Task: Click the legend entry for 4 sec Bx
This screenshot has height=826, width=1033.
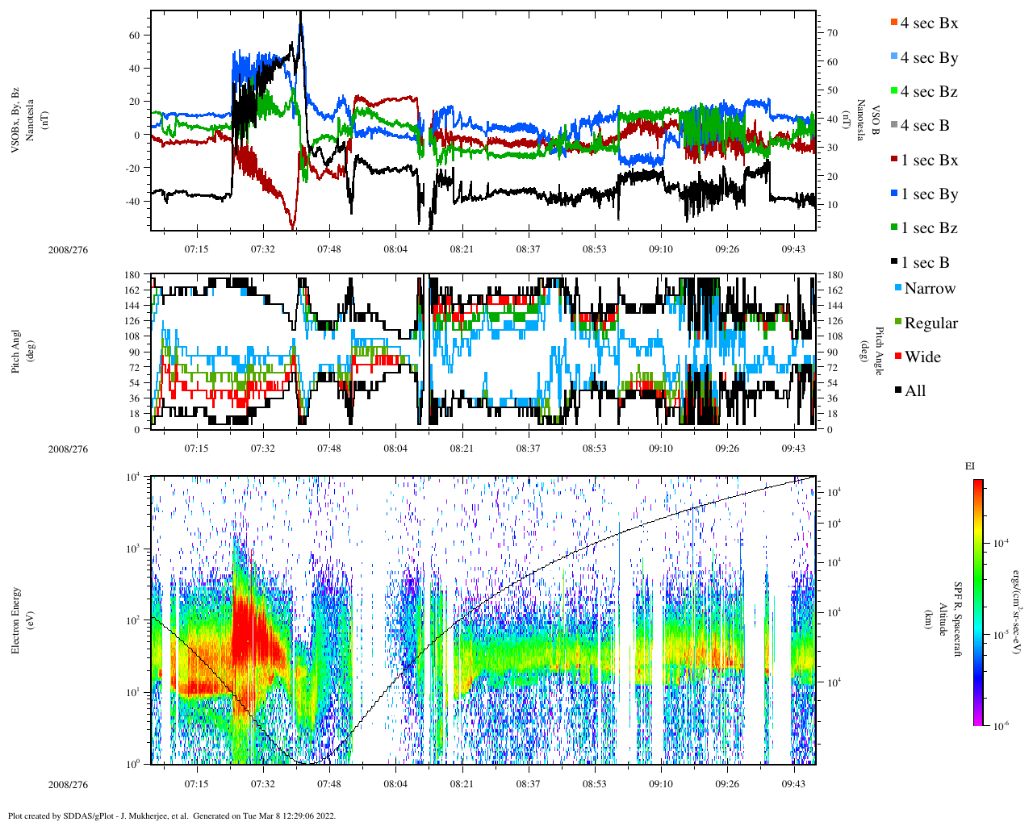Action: pos(929,23)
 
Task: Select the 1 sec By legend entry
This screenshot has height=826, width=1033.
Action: pos(929,194)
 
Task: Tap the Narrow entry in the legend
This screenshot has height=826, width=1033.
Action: pos(929,289)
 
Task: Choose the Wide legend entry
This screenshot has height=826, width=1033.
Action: pos(922,357)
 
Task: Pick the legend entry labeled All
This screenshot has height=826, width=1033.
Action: pos(914,391)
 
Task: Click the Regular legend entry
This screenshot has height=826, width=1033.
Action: pos(931,323)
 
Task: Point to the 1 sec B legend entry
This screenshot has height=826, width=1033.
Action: pos(925,263)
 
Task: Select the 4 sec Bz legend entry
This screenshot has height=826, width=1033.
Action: pos(929,92)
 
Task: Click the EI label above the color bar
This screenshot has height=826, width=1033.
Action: pos(970,466)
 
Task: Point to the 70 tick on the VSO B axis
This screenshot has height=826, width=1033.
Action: pos(832,33)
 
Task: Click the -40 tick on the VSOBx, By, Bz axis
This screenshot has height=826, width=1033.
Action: pos(133,202)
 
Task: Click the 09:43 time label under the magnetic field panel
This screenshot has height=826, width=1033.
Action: pos(793,249)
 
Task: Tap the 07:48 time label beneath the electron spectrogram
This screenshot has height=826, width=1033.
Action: pos(328,783)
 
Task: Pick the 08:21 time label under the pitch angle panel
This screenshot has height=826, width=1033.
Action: pos(462,448)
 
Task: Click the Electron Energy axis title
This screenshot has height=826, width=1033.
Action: pos(16,619)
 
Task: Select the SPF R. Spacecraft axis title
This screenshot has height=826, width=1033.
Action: pos(959,619)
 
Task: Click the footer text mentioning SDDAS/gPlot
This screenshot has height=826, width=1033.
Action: pos(171,816)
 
